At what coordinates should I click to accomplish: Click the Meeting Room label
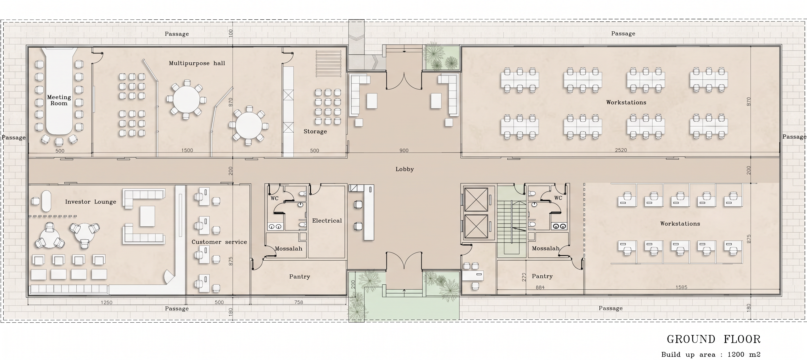tap(59, 100)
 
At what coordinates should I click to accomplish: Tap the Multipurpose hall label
tap(197, 63)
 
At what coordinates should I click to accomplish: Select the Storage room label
tap(315, 132)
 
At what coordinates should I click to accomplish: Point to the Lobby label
tap(405, 169)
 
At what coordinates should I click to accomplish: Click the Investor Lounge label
tap(91, 202)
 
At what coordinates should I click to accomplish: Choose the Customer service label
tap(219, 242)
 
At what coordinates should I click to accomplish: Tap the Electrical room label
tap(327, 221)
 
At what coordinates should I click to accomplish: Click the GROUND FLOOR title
tap(714, 339)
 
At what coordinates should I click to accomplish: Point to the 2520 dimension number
tap(621, 150)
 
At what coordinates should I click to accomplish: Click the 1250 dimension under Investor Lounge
tap(107, 303)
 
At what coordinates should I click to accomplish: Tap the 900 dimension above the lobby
tap(404, 150)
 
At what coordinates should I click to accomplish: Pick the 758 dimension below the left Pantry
tap(299, 302)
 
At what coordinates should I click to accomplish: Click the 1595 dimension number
tap(681, 287)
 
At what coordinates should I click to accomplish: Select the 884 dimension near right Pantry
tap(540, 287)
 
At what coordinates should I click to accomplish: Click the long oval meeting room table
tap(59, 91)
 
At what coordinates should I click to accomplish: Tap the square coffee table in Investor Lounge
tap(147, 216)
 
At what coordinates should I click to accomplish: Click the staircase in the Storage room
tap(328, 63)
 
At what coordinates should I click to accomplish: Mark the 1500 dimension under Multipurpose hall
tap(187, 150)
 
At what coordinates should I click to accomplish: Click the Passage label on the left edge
tap(13, 138)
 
